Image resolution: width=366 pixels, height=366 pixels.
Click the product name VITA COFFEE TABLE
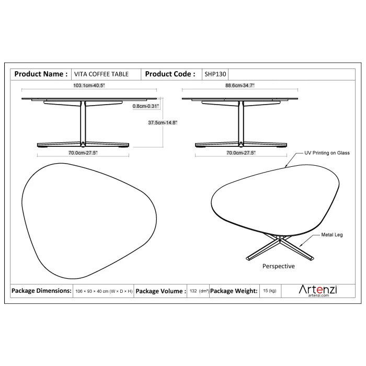point(101,74)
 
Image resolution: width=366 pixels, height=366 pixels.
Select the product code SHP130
point(215,74)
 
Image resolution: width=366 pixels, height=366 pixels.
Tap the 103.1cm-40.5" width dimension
point(89,85)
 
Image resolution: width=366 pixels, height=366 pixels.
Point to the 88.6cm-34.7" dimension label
point(239,85)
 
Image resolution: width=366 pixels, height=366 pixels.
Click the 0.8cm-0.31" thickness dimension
point(146,106)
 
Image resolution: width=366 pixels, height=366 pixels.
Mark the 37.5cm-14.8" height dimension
point(163,122)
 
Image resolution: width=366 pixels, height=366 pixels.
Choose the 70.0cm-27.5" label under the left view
point(83,153)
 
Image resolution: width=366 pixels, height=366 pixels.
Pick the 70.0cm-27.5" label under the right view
point(241,153)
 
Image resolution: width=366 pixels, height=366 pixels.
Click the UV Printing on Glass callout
point(327,153)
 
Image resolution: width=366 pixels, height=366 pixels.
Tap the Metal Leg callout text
point(332,235)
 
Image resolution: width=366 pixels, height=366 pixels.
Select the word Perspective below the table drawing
point(279,266)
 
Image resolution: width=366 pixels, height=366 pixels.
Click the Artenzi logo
point(318,290)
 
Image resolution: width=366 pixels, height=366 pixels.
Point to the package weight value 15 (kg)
point(270,291)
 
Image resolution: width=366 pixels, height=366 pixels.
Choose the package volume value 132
point(193,291)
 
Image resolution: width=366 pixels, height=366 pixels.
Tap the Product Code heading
point(170,74)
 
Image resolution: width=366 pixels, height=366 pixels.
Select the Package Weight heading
point(234,291)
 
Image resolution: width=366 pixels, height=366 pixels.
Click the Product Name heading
point(41,74)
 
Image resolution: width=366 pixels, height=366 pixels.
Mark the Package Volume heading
point(161,291)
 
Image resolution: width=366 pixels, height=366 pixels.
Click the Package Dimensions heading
point(41,291)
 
